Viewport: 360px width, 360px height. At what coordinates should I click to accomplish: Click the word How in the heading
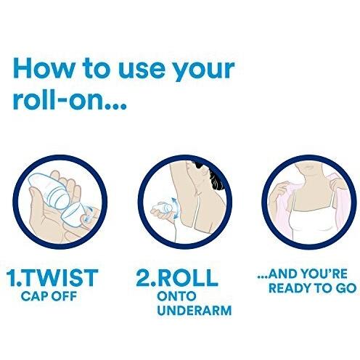43,68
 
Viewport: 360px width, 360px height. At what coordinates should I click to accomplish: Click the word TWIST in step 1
60,277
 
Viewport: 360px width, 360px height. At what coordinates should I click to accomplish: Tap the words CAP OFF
49,296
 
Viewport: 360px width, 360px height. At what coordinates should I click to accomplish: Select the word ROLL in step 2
187,277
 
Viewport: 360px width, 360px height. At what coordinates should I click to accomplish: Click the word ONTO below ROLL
176,296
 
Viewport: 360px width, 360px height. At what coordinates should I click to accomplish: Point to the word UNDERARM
195,311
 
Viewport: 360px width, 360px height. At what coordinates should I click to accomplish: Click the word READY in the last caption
290,288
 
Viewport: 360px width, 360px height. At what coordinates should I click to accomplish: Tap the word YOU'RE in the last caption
324,274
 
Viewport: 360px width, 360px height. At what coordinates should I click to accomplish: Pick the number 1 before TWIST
11,277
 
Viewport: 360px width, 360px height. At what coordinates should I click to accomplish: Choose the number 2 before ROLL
144,277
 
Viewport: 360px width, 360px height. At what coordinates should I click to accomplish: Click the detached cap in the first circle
73,212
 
